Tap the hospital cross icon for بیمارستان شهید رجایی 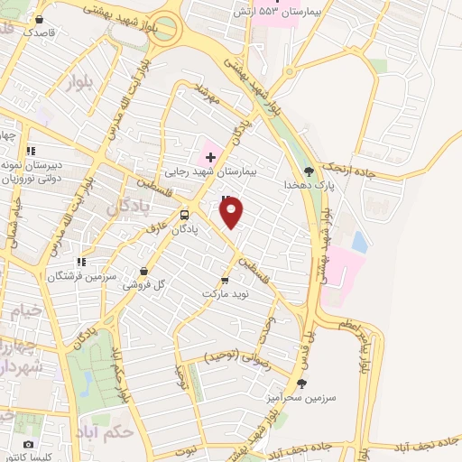click(210, 157)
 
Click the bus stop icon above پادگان click(185, 215)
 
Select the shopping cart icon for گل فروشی click(144, 269)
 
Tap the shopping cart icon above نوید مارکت click(225, 281)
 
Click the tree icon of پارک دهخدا click(310, 170)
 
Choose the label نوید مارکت click(225, 295)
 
